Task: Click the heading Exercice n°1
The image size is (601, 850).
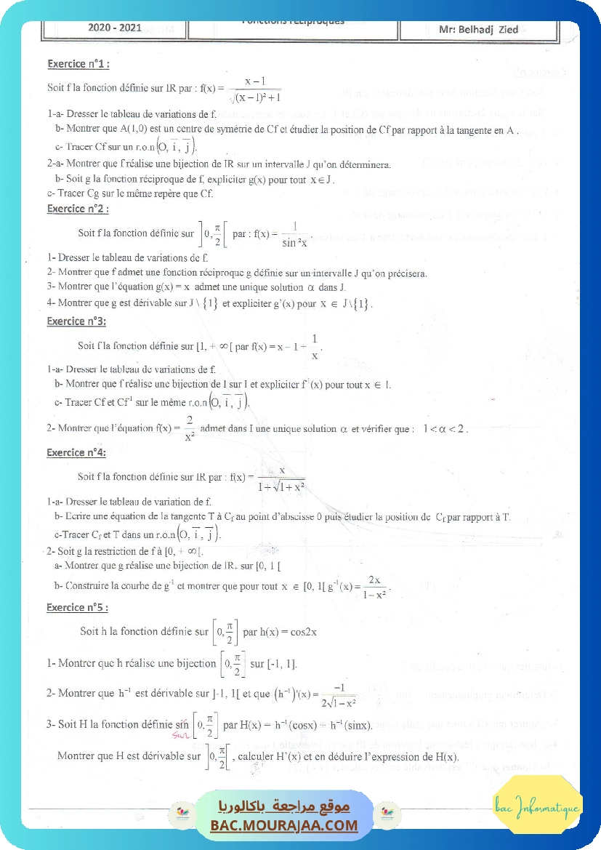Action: coord(78,64)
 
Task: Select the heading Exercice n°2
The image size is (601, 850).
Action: coord(78,209)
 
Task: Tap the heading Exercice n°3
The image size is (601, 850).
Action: coord(76,321)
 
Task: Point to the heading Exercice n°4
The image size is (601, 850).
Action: coord(76,452)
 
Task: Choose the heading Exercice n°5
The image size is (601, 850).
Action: coord(76,607)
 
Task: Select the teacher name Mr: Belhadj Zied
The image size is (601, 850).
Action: coord(478,30)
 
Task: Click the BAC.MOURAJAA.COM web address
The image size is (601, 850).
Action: coord(284,825)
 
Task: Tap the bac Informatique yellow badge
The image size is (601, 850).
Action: coord(537,807)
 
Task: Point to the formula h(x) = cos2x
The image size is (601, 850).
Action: coord(280,632)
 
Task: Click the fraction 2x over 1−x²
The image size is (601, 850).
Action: coord(375,586)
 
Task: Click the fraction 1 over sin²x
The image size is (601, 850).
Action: coord(294,234)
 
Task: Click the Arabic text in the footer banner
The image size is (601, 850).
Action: coord(284,807)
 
